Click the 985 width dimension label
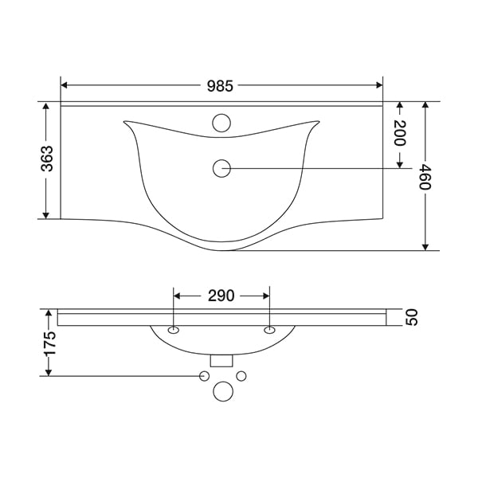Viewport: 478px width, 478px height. (220, 86)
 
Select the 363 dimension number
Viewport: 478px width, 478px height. (47, 159)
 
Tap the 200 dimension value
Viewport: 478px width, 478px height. (400, 133)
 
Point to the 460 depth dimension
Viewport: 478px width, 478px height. (425, 177)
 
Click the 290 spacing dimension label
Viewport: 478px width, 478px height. (221, 296)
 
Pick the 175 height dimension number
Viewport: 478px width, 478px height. (49, 343)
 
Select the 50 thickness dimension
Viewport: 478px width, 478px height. (412, 317)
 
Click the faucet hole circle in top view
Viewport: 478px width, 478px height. (221, 123)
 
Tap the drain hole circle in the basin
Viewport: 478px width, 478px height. (221, 168)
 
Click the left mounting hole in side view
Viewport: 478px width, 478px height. (174, 330)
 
